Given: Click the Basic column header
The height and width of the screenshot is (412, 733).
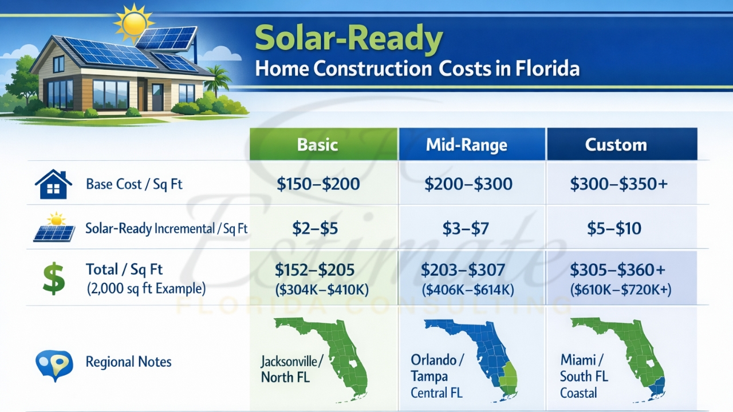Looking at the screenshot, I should pyautogui.click(x=317, y=145).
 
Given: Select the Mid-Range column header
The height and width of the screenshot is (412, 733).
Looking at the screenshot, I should pyautogui.click(x=466, y=145).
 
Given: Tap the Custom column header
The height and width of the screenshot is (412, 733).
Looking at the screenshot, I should pyautogui.click(x=616, y=145).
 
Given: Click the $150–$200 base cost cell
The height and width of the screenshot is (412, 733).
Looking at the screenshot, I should pyautogui.click(x=318, y=184).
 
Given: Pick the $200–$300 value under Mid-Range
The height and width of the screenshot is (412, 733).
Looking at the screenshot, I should pyautogui.click(x=468, y=184).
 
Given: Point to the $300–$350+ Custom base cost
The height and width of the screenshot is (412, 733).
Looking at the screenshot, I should pyautogui.click(x=618, y=184).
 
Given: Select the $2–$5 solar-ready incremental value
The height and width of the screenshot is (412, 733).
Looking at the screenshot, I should pyautogui.click(x=314, y=229).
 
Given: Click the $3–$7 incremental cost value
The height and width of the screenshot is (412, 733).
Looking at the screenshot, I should pyautogui.click(x=465, y=229).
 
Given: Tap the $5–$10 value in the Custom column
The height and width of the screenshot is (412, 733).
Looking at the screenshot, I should pyautogui.click(x=614, y=229).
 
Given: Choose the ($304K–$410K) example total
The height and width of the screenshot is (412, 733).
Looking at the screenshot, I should pyautogui.click(x=322, y=290).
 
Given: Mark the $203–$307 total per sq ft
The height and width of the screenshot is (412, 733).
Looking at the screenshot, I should pyautogui.click(x=463, y=270).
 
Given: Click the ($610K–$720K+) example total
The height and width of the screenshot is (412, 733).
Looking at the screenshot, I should pyautogui.click(x=621, y=290).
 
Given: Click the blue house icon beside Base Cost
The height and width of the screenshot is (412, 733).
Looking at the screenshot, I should pyautogui.click(x=53, y=184).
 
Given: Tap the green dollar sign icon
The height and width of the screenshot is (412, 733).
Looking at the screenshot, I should pyautogui.click(x=54, y=279).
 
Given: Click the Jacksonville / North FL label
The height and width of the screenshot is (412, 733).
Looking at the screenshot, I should pyautogui.click(x=291, y=369).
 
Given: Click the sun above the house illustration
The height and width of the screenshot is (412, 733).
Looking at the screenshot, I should pyautogui.click(x=133, y=23).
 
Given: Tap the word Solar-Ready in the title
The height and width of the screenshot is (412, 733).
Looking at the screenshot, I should pyautogui.click(x=349, y=39).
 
